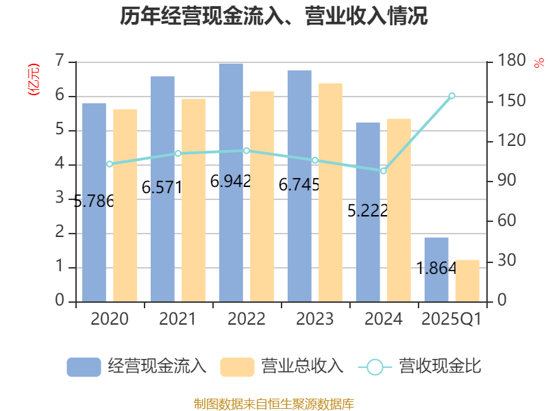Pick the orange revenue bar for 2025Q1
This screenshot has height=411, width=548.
click(467, 280)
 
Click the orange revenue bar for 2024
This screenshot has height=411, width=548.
click(399, 210)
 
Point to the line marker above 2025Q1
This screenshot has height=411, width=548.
click(451, 95)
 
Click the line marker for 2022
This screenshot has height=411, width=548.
click(247, 150)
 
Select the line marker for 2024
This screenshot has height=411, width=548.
click(383, 171)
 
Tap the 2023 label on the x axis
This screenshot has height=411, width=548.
click(314, 319)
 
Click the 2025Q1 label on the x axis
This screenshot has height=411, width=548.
click(451, 319)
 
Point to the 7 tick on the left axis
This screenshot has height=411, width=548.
click(60, 61)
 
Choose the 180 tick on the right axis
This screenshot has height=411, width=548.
click(510, 61)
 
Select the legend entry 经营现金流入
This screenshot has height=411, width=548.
click(137, 366)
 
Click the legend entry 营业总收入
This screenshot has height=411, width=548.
click(282, 366)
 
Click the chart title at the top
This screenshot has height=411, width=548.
click(274, 16)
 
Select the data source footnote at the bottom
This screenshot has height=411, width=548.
click(274, 403)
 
